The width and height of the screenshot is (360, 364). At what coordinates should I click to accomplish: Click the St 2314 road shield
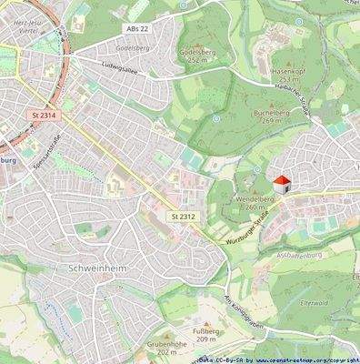click(42, 116)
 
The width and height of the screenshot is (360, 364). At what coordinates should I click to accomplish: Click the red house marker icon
click(282, 184)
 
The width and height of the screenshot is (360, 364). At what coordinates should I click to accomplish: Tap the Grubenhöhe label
click(165, 348)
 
